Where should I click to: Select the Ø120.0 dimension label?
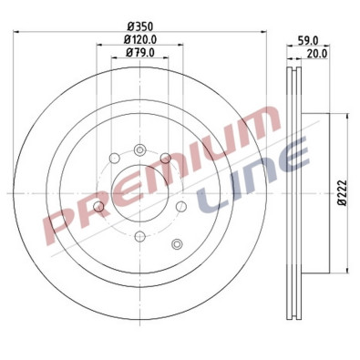tap(139, 39)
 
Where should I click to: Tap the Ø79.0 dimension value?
tap(139, 53)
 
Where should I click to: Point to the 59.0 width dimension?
tap(307, 40)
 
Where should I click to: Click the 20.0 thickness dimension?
tap(316, 54)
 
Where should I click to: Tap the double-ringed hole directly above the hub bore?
tap(139, 149)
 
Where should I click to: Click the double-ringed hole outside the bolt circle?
tap(177, 243)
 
